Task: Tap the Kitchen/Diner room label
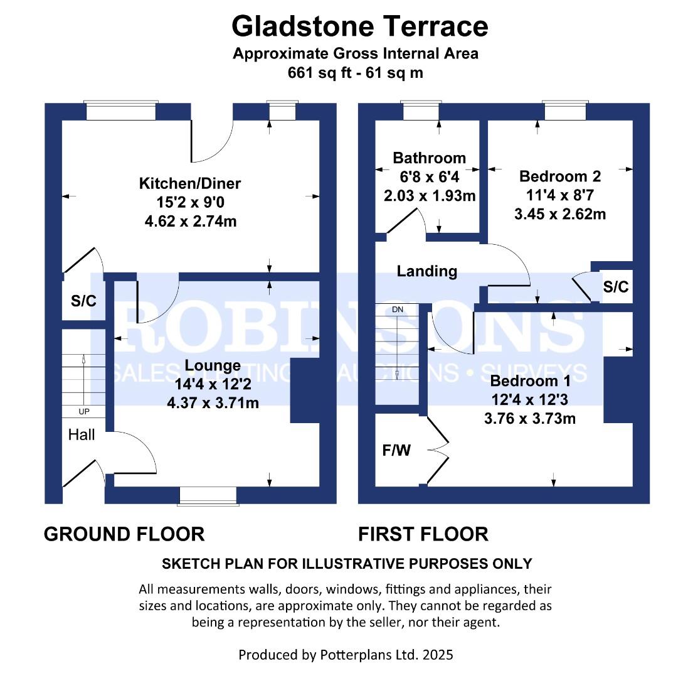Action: click(x=189, y=183)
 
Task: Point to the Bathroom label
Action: click(x=429, y=158)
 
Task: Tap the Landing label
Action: click(x=427, y=271)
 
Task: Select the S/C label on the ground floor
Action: click(x=83, y=301)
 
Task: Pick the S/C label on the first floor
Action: click(x=615, y=287)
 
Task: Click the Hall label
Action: click(x=82, y=434)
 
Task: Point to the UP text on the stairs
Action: click(x=83, y=412)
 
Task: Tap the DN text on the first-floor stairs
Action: click(x=398, y=310)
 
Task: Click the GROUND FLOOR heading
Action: click(x=124, y=534)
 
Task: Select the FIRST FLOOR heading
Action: click(x=423, y=534)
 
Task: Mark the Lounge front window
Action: click(x=208, y=495)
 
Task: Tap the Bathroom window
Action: click(x=421, y=111)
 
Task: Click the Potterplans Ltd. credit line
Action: click(x=346, y=655)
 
